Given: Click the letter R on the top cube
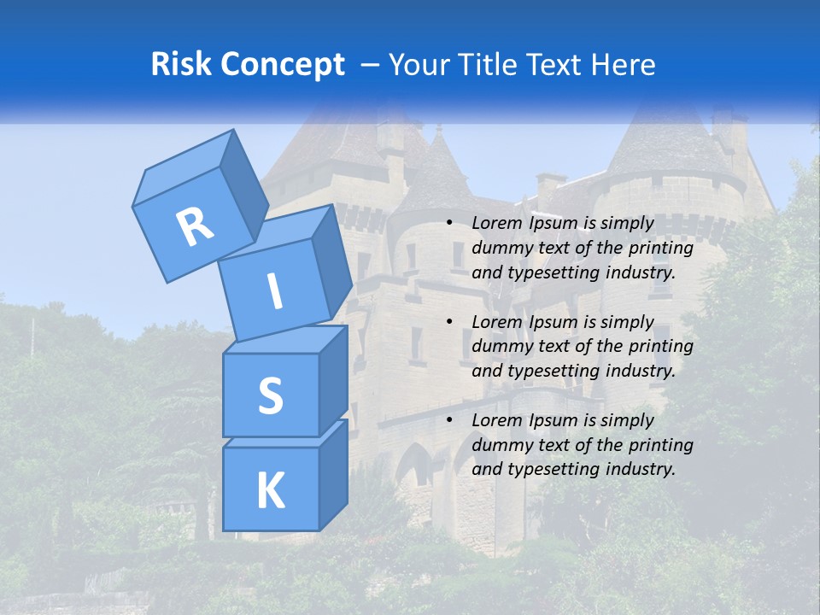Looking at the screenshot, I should [195, 226].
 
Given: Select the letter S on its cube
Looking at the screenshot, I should [270, 395].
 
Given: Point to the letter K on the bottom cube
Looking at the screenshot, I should [270, 491].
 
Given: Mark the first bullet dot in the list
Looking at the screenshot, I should [449, 224].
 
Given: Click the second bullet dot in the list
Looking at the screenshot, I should [449, 322].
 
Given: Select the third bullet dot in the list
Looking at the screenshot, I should [449, 420].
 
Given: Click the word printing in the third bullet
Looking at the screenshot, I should [660, 444].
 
